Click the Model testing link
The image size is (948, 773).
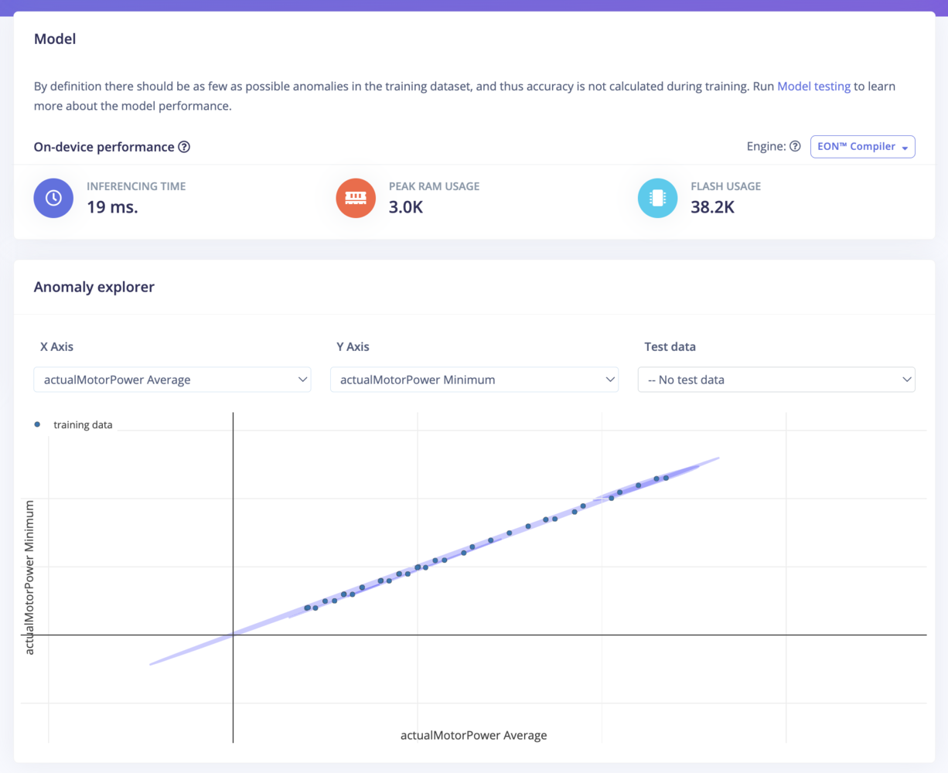813,87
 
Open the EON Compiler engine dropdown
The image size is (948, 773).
862,147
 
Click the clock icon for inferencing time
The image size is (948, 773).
53,198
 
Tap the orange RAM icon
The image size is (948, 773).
356,198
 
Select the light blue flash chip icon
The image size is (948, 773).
657,198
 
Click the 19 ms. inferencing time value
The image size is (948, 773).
112,207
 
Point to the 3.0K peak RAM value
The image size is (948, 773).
406,207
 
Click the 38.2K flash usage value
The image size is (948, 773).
712,207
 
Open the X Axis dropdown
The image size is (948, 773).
172,380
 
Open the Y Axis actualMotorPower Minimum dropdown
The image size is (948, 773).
474,380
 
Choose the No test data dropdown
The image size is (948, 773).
776,380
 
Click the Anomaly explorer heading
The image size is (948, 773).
94,287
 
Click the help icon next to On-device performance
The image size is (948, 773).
184,147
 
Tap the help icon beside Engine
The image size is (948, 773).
795,146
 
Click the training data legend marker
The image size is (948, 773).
37,424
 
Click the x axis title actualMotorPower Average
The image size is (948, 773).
473,735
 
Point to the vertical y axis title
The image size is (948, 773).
29,577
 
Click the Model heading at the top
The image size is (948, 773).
55,39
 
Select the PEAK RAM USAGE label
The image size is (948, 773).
434,186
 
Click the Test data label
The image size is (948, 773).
670,346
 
